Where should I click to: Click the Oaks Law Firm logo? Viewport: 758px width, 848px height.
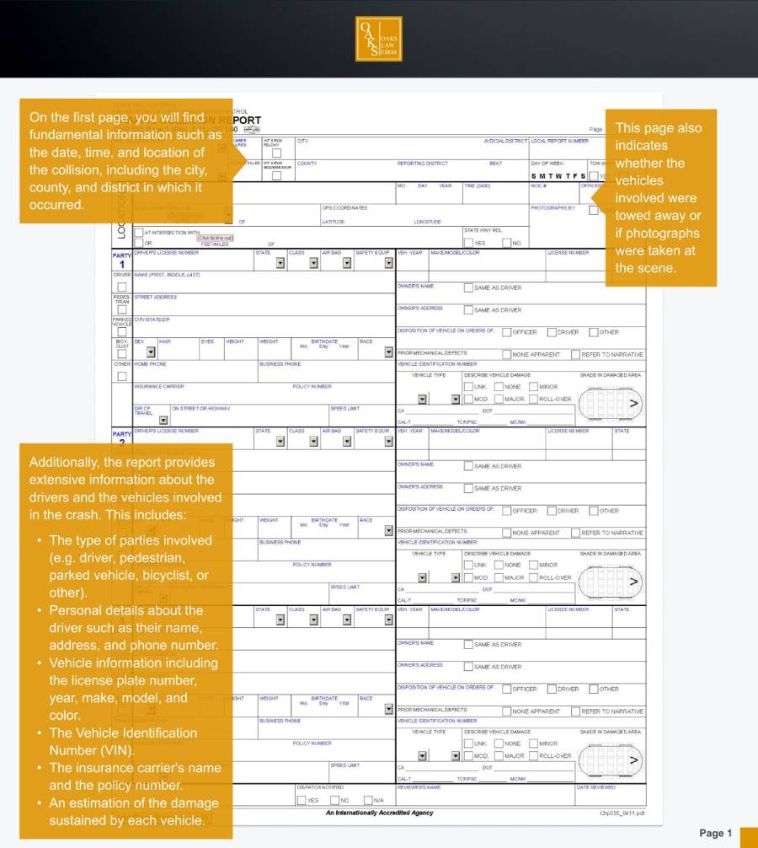coord(379,39)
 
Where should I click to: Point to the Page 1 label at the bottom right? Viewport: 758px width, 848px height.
coord(715,833)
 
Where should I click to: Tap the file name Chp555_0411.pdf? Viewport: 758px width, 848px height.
coord(622,813)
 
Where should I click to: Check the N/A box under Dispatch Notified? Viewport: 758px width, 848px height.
coord(368,800)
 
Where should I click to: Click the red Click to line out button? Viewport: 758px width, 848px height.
coord(215,238)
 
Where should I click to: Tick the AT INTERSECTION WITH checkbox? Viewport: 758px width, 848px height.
coord(139,232)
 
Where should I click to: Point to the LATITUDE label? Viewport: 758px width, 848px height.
coord(334,222)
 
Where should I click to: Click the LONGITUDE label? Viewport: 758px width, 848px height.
coord(427,222)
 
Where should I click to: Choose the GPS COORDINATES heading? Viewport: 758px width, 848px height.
coord(344,207)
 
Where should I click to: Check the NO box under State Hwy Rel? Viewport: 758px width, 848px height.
coord(506,243)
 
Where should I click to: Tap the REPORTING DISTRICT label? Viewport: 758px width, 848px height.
coord(423,164)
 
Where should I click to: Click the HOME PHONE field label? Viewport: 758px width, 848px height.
coord(150,364)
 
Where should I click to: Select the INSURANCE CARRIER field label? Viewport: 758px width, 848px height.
coord(159,386)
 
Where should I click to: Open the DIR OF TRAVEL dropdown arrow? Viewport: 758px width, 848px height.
coord(163,420)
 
